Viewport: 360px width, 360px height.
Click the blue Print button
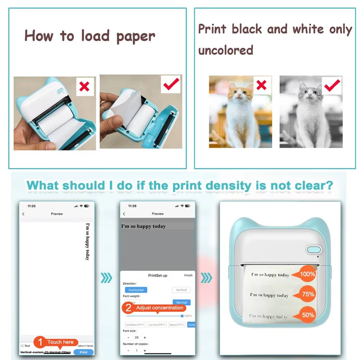(x=83, y=352)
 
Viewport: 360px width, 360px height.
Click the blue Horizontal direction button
(x=136, y=290)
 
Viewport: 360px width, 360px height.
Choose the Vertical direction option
(x=181, y=290)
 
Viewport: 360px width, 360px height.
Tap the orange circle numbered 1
(x=40, y=342)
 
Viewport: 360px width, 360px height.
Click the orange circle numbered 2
(x=127, y=308)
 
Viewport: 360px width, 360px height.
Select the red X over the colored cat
(x=261, y=85)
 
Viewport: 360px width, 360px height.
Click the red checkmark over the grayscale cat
(x=332, y=85)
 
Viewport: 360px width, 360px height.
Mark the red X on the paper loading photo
(x=85, y=87)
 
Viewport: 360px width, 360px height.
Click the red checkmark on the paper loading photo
(x=171, y=84)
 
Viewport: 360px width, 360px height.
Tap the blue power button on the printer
(x=314, y=249)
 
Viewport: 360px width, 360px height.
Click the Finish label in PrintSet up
(x=188, y=275)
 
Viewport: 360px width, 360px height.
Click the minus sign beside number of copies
(x=128, y=350)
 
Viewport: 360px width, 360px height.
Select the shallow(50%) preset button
(x=135, y=325)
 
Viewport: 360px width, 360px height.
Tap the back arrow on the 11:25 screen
(x=23, y=214)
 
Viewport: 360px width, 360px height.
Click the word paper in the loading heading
(x=136, y=36)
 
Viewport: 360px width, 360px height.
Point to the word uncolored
(x=226, y=50)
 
